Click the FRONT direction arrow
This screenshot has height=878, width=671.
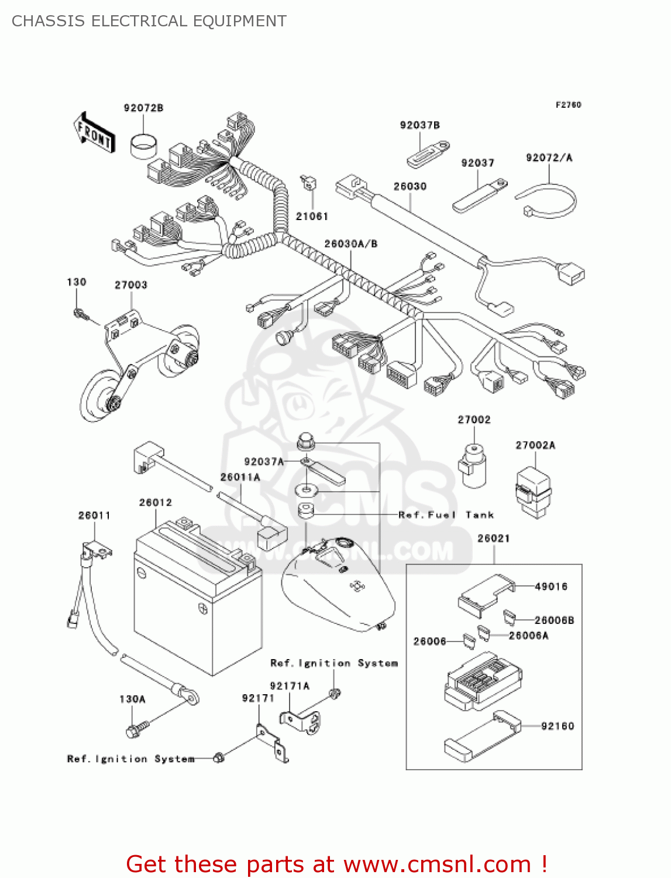94,133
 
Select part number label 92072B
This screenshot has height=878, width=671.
143,108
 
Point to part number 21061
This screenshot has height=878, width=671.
312,216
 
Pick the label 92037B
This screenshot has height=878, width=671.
419,125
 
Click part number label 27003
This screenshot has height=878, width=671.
130,284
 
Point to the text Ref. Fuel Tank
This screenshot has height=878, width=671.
446,515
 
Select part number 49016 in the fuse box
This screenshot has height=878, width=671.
551,586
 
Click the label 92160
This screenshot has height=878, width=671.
558,726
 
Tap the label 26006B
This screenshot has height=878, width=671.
554,620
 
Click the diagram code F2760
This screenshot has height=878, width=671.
568,105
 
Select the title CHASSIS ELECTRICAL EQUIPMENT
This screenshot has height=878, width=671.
149,21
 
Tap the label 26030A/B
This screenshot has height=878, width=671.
350,243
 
